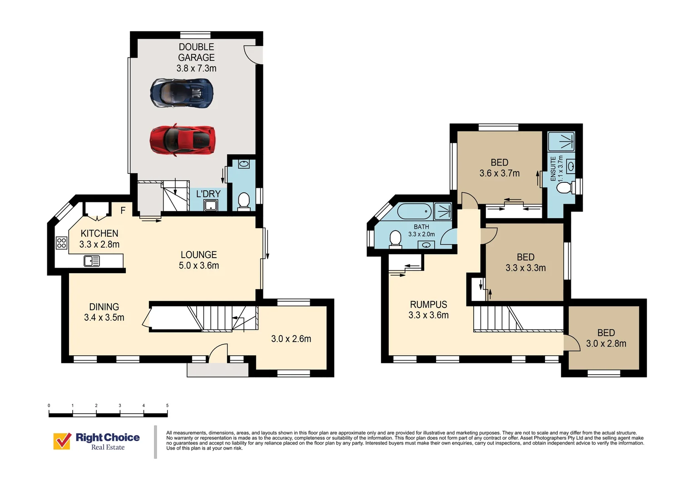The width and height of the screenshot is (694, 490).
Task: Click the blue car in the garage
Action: point(182,93)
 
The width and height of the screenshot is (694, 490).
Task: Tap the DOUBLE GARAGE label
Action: point(196,52)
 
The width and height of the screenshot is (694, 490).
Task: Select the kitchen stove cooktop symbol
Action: point(61,243)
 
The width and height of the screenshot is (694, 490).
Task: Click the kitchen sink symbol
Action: point(92,261)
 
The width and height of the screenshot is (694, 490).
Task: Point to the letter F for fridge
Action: point(123,211)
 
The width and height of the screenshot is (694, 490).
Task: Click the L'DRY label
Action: point(208,194)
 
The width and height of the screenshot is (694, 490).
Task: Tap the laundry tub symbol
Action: point(211,206)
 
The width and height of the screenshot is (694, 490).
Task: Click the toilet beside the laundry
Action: point(244,201)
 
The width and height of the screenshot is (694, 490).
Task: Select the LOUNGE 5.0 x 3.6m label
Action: point(198,260)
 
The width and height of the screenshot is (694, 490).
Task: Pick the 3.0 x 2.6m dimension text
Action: point(291,338)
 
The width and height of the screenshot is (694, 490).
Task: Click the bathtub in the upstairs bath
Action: point(414,211)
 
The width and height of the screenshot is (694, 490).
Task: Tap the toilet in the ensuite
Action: point(564,187)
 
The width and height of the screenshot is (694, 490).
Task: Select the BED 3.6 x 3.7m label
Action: point(499,167)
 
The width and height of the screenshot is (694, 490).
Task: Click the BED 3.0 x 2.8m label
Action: point(606,338)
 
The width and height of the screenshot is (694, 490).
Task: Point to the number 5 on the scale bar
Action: point(167,406)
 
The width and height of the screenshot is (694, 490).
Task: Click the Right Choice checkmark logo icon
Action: point(62,441)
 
